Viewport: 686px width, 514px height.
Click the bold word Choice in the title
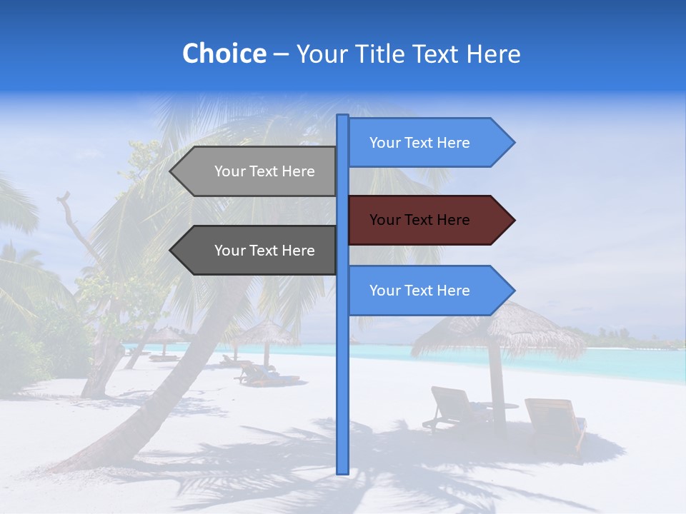coord(224,54)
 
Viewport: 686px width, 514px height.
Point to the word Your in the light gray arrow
coord(229,171)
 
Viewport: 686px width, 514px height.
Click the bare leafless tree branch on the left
coord(71,221)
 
